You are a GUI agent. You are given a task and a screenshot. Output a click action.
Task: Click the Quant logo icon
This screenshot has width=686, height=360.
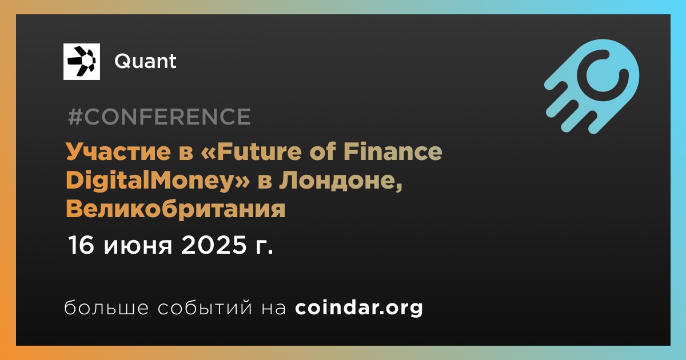(x=81, y=62)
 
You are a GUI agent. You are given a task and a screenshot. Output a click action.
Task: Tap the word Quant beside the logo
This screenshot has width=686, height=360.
(x=145, y=61)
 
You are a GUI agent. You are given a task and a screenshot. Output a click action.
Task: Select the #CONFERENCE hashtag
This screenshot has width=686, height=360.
(x=159, y=117)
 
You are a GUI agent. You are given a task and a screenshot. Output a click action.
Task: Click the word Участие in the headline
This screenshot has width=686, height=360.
(x=118, y=151)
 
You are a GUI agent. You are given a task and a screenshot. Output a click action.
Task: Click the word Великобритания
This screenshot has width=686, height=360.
(x=176, y=209)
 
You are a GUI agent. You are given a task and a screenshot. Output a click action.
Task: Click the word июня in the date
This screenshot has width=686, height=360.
(x=138, y=246)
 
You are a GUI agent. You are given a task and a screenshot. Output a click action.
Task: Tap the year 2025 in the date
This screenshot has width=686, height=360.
(x=214, y=245)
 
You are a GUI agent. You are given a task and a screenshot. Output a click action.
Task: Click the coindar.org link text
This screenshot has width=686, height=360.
(x=359, y=307)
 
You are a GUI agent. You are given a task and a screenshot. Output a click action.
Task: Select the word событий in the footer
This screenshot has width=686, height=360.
(x=205, y=307)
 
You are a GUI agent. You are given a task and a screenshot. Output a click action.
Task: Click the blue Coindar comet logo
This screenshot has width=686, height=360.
(x=592, y=86)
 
